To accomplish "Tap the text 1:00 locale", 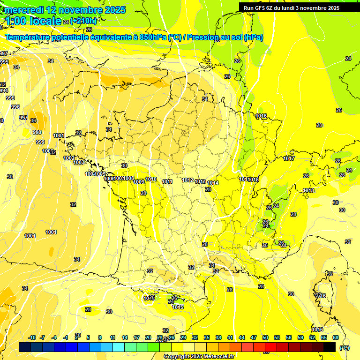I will pyautogui.click(x=33, y=21).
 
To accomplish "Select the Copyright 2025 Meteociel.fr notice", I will pyautogui.click(x=200, y=357).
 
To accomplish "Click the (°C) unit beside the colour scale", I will pyautogui.click(x=345, y=347).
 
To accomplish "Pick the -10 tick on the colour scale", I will pyautogui.click(x=32, y=337).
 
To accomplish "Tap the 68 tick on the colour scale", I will pyautogui.click(x=336, y=337).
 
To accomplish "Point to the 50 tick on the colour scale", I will pyautogui.click(x=265, y=337).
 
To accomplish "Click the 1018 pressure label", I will pyautogui.click(x=308, y=190).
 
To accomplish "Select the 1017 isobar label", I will pyautogui.click(x=289, y=158).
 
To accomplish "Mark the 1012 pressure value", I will pyautogui.click(x=188, y=180).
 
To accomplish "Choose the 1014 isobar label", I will pyautogui.click(x=213, y=183).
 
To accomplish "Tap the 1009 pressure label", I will pyautogui.click(x=139, y=182).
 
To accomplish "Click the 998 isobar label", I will pyautogui.click(x=37, y=132).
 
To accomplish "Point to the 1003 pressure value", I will pyautogui.click(x=79, y=162).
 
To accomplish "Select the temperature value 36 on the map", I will pyautogui.click(x=33, y=120).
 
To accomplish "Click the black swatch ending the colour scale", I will pyautogui.click(x=330, y=347).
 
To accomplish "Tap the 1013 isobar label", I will pyautogui.click(x=201, y=181).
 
